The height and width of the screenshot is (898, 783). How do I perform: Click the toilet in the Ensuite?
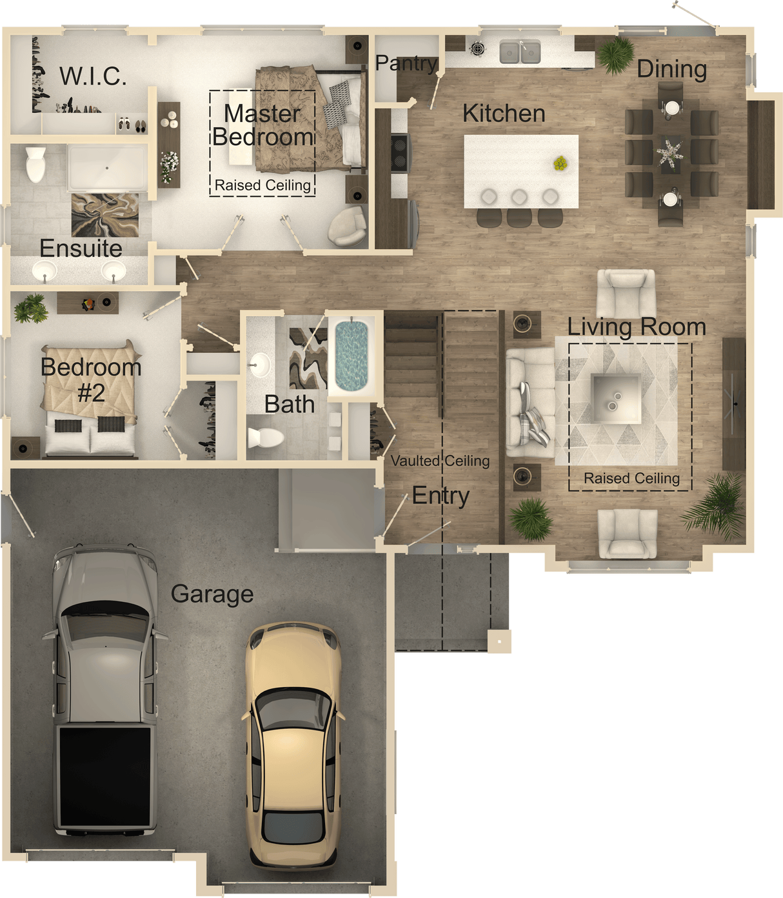35,164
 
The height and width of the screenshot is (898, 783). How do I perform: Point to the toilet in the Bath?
266,439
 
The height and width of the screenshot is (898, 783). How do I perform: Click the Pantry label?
406,63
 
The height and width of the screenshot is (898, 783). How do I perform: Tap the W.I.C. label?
93,76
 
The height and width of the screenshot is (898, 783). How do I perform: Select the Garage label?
212,594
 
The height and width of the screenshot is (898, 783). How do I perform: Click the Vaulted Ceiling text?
441,461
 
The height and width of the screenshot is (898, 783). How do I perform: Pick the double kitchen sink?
520,52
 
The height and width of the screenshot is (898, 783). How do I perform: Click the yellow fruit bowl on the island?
560,164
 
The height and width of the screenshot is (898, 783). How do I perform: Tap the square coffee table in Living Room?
615,399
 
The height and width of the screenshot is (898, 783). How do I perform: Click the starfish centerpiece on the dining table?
670,154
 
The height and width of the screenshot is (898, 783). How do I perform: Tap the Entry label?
441,495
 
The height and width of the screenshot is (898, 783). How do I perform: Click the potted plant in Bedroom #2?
31,308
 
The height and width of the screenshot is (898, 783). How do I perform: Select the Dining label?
672,69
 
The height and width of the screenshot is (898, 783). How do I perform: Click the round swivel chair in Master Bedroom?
348,226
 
